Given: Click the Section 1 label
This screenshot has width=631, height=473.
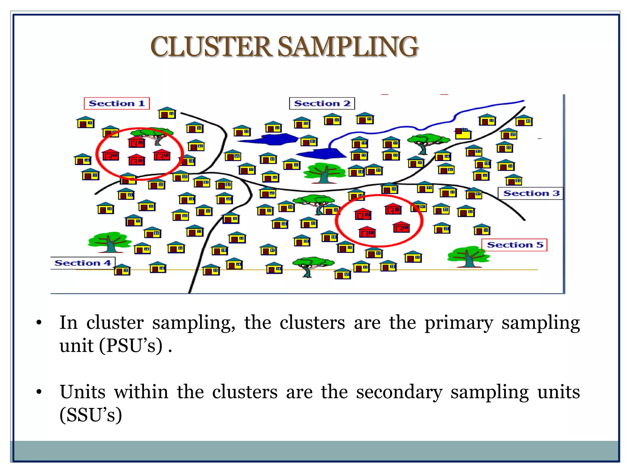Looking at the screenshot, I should pyautogui.click(x=116, y=103).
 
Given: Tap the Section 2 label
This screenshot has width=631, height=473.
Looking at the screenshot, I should pyautogui.click(x=322, y=103).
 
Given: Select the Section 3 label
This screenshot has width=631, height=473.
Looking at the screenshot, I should pyautogui.click(x=531, y=193).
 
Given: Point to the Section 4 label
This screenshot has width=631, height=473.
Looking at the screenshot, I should pyautogui.click(x=83, y=263).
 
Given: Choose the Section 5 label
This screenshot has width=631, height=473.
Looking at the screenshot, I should pyautogui.click(x=515, y=245).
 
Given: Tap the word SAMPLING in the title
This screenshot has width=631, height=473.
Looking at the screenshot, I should pyautogui.click(x=348, y=47).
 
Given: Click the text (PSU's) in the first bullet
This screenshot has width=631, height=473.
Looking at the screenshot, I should pyautogui.click(x=131, y=346).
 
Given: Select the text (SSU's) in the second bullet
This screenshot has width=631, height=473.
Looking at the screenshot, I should pyautogui.click(x=91, y=415).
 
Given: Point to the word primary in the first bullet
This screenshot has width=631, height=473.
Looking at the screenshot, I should pyautogui.click(x=459, y=323).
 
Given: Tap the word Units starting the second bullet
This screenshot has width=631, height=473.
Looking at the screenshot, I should pyautogui.click(x=83, y=392).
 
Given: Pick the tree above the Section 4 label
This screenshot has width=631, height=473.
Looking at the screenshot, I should pyautogui.click(x=109, y=242).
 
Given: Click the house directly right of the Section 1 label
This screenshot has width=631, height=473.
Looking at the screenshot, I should pyautogui.click(x=167, y=113).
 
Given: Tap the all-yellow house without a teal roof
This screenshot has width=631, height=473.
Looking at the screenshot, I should pyautogui.click(x=463, y=134).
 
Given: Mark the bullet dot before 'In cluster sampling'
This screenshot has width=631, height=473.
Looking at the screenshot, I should pyautogui.click(x=39, y=323).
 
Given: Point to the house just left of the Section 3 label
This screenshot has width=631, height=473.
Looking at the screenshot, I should pyautogui.click(x=474, y=194).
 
